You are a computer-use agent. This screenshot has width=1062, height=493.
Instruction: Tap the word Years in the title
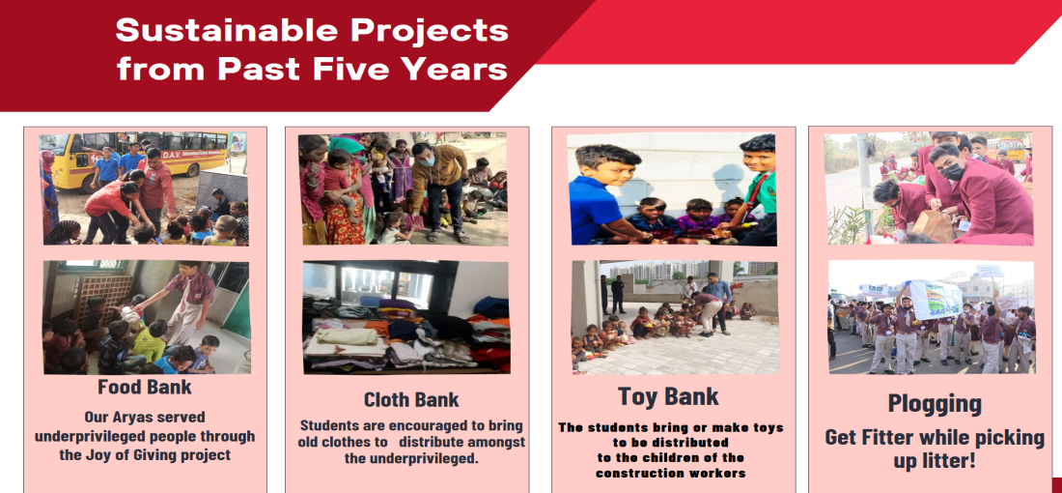point(456,69)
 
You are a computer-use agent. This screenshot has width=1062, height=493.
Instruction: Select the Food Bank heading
point(145,388)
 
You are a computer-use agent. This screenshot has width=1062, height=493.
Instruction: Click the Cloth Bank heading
point(411,399)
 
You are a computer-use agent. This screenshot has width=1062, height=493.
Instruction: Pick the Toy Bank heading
point(668,397)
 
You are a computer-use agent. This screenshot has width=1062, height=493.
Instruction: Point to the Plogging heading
point(935,403)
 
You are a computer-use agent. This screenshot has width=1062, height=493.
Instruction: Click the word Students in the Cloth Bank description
point(333,425)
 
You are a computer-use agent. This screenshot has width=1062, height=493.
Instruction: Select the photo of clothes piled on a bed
point(405,316)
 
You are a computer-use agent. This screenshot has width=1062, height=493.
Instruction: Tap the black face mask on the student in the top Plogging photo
point(952,173)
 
